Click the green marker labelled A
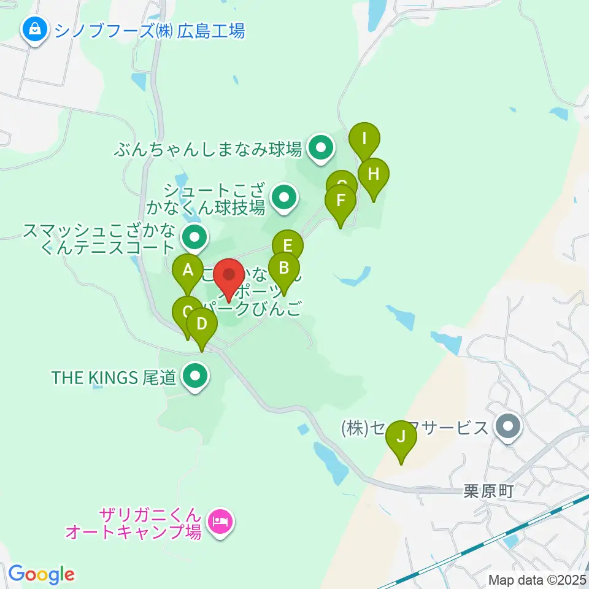click(x=188, y=270)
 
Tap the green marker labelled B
click(x=283, y=268)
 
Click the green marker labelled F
click(x=341, y=201)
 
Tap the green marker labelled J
click(x=401, y=437)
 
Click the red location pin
click(x=230, y=275)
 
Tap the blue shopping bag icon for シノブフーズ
click(x=36, y=29)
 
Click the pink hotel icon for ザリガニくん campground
click(x=220, y=522)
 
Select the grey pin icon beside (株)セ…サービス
click(x=507, y=427)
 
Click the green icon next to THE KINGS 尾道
click(x=195, y=377)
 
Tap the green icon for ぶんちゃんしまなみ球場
click(x=320, y=148)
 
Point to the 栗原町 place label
click(x=488, y=491)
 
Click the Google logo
click(x=41, y=574)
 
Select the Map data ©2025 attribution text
click(x=537, y=579)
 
